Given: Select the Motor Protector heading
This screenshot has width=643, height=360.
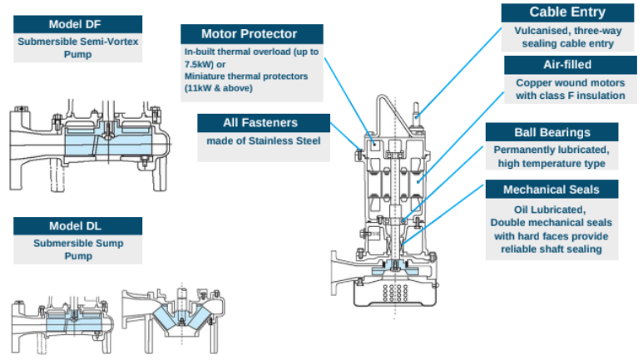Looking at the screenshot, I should point(250,34).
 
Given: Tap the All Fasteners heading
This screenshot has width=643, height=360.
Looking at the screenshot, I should point(260,123).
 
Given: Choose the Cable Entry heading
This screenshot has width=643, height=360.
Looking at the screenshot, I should point(566,12).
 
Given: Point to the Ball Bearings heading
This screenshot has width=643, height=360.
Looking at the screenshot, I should point(552,132).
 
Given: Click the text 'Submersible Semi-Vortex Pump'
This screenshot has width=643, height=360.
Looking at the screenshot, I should point(77,47).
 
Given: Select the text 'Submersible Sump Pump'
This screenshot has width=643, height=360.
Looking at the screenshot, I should point(77,250).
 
